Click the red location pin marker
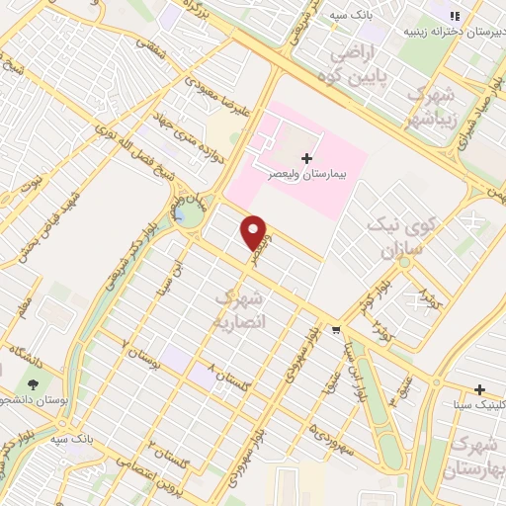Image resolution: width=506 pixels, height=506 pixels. point(255,231)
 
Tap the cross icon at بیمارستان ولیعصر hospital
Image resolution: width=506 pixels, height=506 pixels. point(307,158)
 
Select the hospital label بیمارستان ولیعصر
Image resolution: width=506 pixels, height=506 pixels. point(274,172)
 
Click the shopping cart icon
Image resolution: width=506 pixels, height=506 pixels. point(337,331)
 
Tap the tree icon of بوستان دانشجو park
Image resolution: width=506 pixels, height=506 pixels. point(34,383)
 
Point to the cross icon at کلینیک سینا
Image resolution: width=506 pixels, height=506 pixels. point(479,389)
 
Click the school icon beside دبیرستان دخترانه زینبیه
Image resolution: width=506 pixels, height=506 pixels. point(455,16)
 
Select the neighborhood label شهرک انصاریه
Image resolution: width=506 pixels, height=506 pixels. point(238,309)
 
